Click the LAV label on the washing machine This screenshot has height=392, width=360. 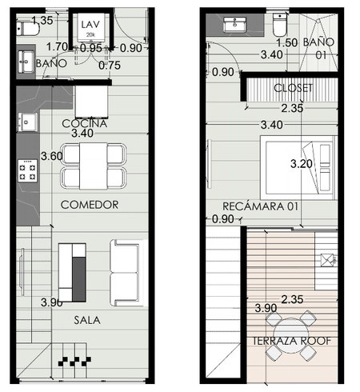point(90,25)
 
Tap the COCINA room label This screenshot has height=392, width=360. point(85,123)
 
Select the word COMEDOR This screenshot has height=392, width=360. point(90,205)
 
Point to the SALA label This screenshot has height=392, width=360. point(87,320)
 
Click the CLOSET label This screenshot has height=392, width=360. point(294,88)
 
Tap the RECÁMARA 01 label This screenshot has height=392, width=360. point(260,206)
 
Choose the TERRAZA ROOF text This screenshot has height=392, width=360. point(291,341)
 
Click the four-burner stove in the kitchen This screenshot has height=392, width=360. point(27,170)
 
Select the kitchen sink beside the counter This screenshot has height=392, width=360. point(27,122)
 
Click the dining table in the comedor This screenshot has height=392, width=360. point(94,166)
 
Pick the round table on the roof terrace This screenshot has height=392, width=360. point(291,332)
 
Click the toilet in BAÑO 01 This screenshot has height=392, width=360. point(279,25)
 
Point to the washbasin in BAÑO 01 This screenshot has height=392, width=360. point(234,25)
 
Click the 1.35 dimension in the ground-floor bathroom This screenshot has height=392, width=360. point(42,20)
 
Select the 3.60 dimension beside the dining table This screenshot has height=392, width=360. point(52,156)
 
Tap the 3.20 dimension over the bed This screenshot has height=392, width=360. point(302,164)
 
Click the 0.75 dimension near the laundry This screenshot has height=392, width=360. point(110,65)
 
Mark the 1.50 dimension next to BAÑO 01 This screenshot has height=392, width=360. point(287,42)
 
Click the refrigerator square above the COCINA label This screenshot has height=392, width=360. point(91,102)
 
